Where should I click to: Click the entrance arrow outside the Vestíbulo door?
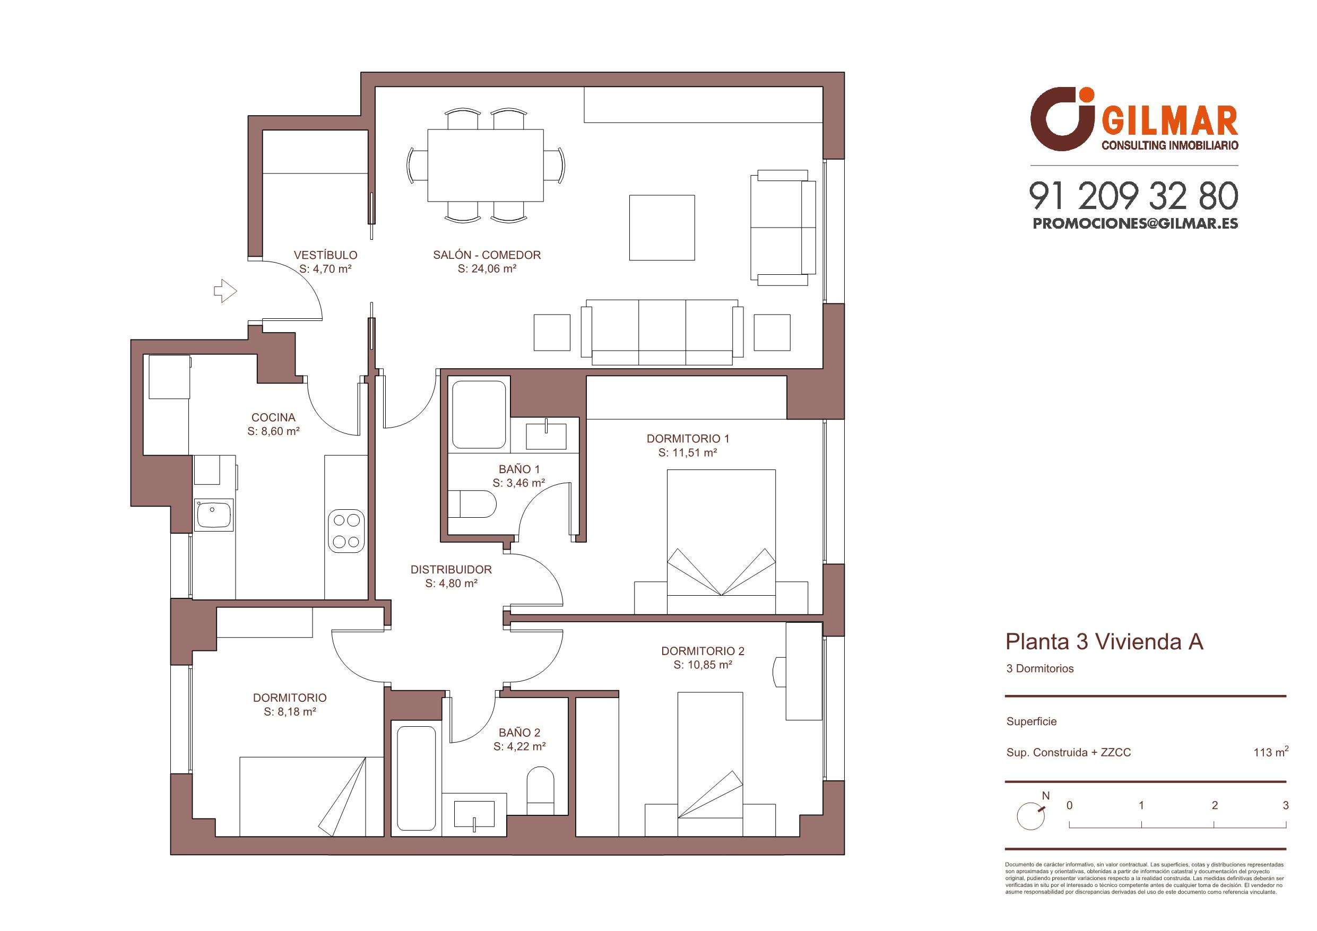click(226, 291)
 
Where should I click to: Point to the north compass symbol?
click(1031, 815)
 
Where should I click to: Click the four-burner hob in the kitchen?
click(346, 530)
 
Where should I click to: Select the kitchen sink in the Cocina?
click(214, 514)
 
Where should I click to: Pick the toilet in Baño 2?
click(540, 789)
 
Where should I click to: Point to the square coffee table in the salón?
click(662, 228)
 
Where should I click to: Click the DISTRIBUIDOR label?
click(452, 570)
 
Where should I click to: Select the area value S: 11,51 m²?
click(688, 453)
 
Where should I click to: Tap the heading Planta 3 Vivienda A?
click(1104, 642)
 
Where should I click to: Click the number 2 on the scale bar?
click(1214, 805)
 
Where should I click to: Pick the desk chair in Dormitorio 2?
click(779, 672)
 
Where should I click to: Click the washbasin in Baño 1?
click(546, 436)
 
